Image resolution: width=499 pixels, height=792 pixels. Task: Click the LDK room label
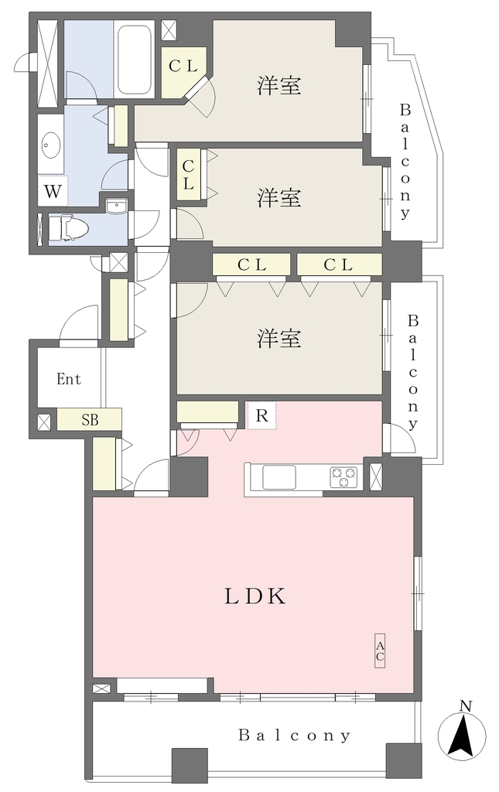[x=255, y=596]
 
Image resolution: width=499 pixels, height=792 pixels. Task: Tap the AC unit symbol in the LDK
[x=380, y=650]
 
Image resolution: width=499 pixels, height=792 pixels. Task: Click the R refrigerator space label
[x=261, y=415]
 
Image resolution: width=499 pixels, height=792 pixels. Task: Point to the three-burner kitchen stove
[x=343, y=476]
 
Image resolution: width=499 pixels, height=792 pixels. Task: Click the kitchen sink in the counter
[x=279, y=477]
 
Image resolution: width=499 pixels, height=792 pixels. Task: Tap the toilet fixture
[x=69, y=228]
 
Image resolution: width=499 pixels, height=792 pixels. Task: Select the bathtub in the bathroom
[x=134, y=59]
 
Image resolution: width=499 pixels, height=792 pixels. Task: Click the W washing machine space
[x=53, y=191]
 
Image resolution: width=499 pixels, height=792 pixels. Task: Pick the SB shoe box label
[x=90, y=419]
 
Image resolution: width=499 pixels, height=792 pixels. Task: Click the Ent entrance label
[x=69, y=379]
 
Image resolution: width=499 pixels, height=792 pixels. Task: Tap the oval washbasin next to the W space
[x=51, y=145]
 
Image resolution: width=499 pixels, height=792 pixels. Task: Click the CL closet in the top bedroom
[x=183, y=67]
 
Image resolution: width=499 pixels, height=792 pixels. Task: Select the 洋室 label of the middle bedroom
[x=279, y=197]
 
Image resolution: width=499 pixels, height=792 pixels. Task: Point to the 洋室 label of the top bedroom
[x=279, y=85]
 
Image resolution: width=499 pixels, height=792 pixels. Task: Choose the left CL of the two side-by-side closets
[x=251, y=265]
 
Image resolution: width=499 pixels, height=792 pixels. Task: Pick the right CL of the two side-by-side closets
[x=338, y=265]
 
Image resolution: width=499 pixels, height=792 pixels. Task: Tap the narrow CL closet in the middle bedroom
[x=189, y=175]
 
